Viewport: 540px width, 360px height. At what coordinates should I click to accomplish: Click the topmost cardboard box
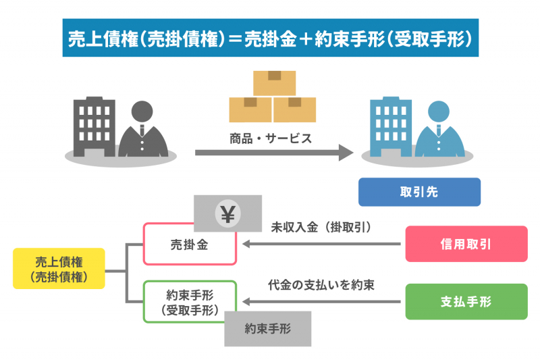[x=274, y=82]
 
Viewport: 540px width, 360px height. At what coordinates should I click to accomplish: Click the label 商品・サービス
[x=270, y=138]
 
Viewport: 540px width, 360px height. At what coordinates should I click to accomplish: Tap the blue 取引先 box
[x=418, y=192]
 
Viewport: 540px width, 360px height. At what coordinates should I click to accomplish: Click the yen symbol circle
[x=227, y=214]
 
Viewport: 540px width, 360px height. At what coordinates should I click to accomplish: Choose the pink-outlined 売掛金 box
[x=190, y=245]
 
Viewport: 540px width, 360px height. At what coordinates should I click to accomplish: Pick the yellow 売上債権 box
[x=59, y=268]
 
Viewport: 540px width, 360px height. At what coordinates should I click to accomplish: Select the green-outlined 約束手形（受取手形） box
[x=190, y=301]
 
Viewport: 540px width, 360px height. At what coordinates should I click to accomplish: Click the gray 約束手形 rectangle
[x=267, y=329]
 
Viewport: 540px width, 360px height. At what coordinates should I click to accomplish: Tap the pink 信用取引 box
[x=466, y=244]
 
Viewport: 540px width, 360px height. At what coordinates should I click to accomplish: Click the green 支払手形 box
[x=466, y=301]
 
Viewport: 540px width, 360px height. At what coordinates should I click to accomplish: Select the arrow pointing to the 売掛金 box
[x=317, y=244]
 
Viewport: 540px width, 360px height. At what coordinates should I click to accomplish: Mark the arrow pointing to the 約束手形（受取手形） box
[x=317, y=301]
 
